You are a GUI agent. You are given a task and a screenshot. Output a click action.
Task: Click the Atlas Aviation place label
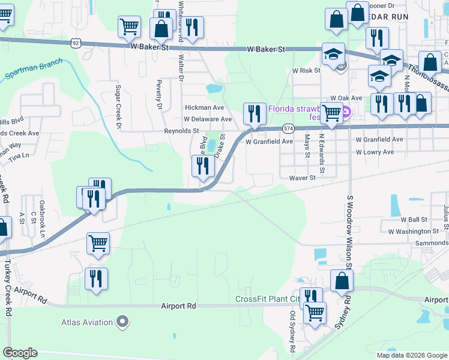pyautogui.click(x=87, y=322)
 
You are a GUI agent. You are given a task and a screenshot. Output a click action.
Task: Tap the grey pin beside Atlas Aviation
pyautogui.click(x=122, y=322)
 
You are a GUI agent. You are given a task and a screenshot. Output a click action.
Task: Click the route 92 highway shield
pyautogui.click(x=75, y=43)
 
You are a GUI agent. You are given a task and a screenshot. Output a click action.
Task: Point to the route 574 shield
pyautogui.click(x=289, y=128)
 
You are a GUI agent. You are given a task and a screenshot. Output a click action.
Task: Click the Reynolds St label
pyautogui.click(x=182, y=130)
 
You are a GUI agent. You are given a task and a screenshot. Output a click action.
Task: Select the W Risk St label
pyautogui.click(x=306, y=70)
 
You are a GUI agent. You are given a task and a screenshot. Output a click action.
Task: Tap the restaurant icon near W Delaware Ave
pyautogui.click(x=255, y=113)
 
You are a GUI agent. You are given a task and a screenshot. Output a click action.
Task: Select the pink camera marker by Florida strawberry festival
pyautogui.click(x=347, y=110)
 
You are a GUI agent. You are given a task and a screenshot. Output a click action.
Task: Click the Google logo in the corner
pyautogui.click(x=20, y=353)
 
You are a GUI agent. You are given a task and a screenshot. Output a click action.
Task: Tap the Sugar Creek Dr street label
pyautogui.click(x=118, y=107)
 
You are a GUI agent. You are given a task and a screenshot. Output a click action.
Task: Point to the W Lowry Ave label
pyautogui.click(x=375, y=152)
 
